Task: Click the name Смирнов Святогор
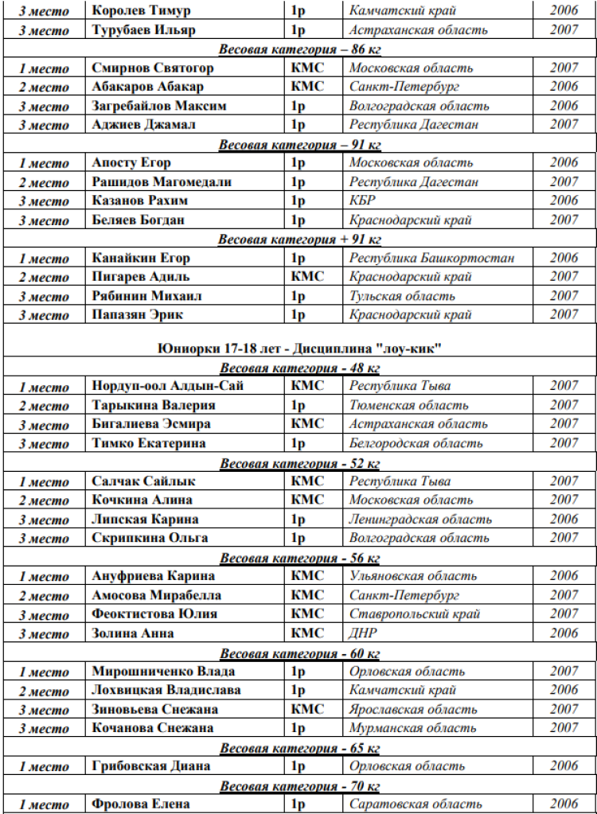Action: pos(152,68)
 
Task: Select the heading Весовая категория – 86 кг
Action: pos(299,49)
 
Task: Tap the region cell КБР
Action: pos(362,201)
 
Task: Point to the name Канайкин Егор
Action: pos(141,259)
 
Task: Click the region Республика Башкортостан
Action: pos(431,259)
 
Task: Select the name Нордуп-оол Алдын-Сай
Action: pos(167,386)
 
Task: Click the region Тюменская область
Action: pos(409,405)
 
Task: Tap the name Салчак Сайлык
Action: pos(143,481)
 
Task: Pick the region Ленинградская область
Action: pos(420,520)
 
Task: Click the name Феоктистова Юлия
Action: pos(154,614)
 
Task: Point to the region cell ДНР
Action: pos(363,633)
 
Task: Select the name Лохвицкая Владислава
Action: pos(166,691)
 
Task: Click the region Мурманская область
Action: pos(413,728)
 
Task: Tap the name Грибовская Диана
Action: pos(150,766)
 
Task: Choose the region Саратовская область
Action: pos(415,804)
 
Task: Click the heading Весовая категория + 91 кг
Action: pos(299,240)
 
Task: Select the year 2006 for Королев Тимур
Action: pos(564,11)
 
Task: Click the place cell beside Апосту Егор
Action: pos(44,164)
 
